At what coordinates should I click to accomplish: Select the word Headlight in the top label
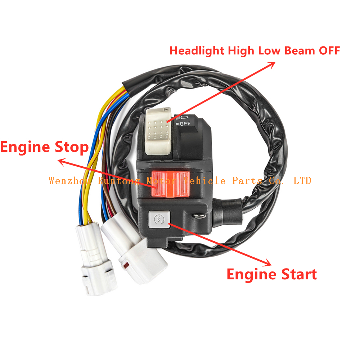pyautogui.click(x=197, y=51)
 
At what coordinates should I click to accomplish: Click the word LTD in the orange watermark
pyautogui.click(x=302, y=180)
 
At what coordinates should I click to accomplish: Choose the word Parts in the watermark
pyautogui.click(x=247, y=180)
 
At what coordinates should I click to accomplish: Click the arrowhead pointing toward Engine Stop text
pyautogui.click(x=62, y=162)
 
